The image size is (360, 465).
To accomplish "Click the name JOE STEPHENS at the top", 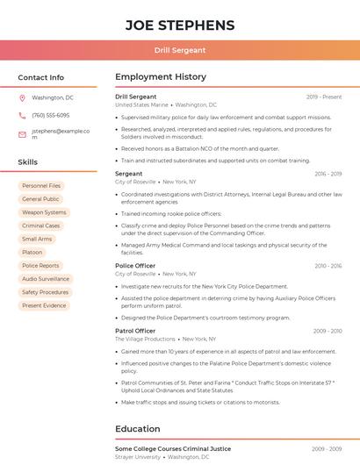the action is tap(180, 25).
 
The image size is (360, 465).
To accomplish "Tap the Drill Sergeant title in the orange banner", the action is tap(180, 51).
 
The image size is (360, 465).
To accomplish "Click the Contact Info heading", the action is tap(41, 77).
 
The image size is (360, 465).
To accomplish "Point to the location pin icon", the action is tap(23, 98).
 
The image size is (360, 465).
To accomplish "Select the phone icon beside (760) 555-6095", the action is tap(23, 116).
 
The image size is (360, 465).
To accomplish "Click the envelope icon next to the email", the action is tap(23, 134).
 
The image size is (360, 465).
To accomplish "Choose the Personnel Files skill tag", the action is tap(41, 186).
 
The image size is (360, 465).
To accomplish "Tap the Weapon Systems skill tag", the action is tap(44, 212).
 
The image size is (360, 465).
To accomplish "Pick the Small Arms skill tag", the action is tap(37, 239).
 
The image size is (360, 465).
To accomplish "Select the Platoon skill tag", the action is tap(32, 253).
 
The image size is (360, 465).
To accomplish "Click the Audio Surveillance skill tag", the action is tap(46, 279).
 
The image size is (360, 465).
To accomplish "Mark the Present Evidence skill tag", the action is tap(44, 305).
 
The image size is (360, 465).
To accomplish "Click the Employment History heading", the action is tap(161, 77).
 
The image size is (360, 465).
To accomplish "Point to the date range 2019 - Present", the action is tap(324, 97).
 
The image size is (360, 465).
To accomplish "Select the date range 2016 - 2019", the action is tap(328, 174).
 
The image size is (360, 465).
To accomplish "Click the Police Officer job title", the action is tap(135, 265).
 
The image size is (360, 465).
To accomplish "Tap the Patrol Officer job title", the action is tap(135, 331).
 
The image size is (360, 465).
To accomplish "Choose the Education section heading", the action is tap(138, 429).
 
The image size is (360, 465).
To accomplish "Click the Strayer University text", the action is tap(138, 457).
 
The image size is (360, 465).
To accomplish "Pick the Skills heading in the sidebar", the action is tap(28, 162).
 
